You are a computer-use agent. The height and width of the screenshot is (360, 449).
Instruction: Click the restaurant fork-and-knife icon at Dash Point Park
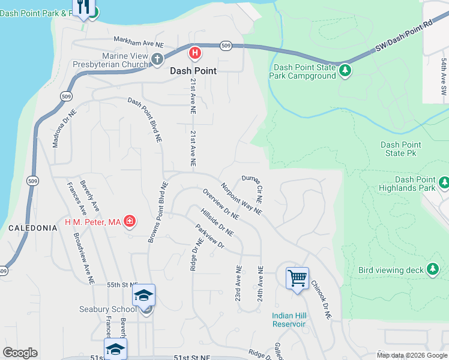(x=84, y=7)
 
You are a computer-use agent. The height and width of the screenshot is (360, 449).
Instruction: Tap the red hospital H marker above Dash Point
(x=194, y=53)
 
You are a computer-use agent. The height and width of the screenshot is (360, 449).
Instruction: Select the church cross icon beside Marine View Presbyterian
(x=157, y=59)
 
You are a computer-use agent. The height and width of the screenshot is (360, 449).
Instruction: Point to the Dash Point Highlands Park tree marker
(x=444, y=182)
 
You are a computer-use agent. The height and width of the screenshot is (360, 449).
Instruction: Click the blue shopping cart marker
(x=297, y=278)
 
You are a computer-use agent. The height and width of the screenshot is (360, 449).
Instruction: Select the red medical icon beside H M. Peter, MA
(x=130, y=223)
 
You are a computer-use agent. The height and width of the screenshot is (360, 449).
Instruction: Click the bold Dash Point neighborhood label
(x=193, y=70)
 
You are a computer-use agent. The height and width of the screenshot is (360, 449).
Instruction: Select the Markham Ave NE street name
(x=139, y=43)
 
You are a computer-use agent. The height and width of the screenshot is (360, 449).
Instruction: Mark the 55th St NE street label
(x=122, y=285)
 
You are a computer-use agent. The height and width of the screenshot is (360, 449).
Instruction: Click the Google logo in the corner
(x=20, y=353)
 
